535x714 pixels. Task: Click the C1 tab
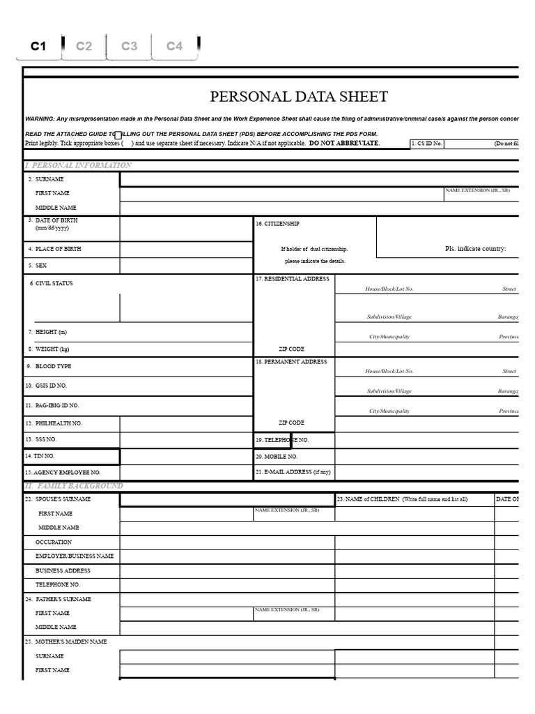[38, 47]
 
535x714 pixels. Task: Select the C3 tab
[129, 47]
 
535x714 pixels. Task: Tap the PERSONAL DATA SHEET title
[299, 97]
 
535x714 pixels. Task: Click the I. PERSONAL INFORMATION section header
[78, 165]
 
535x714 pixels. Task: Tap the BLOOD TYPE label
[53, 366]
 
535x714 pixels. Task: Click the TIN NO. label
[40, 456]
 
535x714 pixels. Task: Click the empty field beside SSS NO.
[186, 440]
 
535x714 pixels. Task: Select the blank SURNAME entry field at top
[319, 180]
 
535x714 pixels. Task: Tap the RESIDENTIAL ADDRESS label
[293, 279]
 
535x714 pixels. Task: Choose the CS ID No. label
[426, 144]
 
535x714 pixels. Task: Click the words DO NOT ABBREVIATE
[344, 143]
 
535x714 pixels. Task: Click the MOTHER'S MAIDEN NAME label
[66, 641]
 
